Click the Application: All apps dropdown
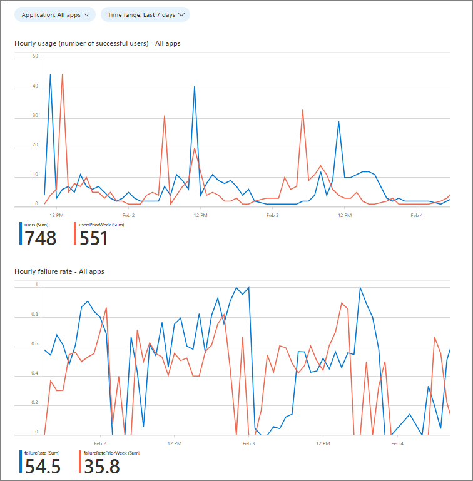click(x=54, y=14)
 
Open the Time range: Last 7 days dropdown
click(x=145, y=14)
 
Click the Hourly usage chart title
click(x=98, y=43)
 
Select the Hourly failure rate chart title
click(x=59, y=271)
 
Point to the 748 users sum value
click(x=41, y=238)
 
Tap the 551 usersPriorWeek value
click(x=93, y=238)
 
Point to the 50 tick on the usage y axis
click(x=36, y=56)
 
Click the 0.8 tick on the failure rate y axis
click(x=36, y=315)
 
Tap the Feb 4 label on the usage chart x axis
click(x=417, y=215)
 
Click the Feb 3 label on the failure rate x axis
click(x=248, y=443)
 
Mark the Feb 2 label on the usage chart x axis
click(x=128, y=215)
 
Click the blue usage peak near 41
click(x=195, y=86)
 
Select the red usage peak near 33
click(x=303, y=110)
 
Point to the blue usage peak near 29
click(x=338, y=122)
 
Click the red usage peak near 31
click(x=165, y=116)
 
